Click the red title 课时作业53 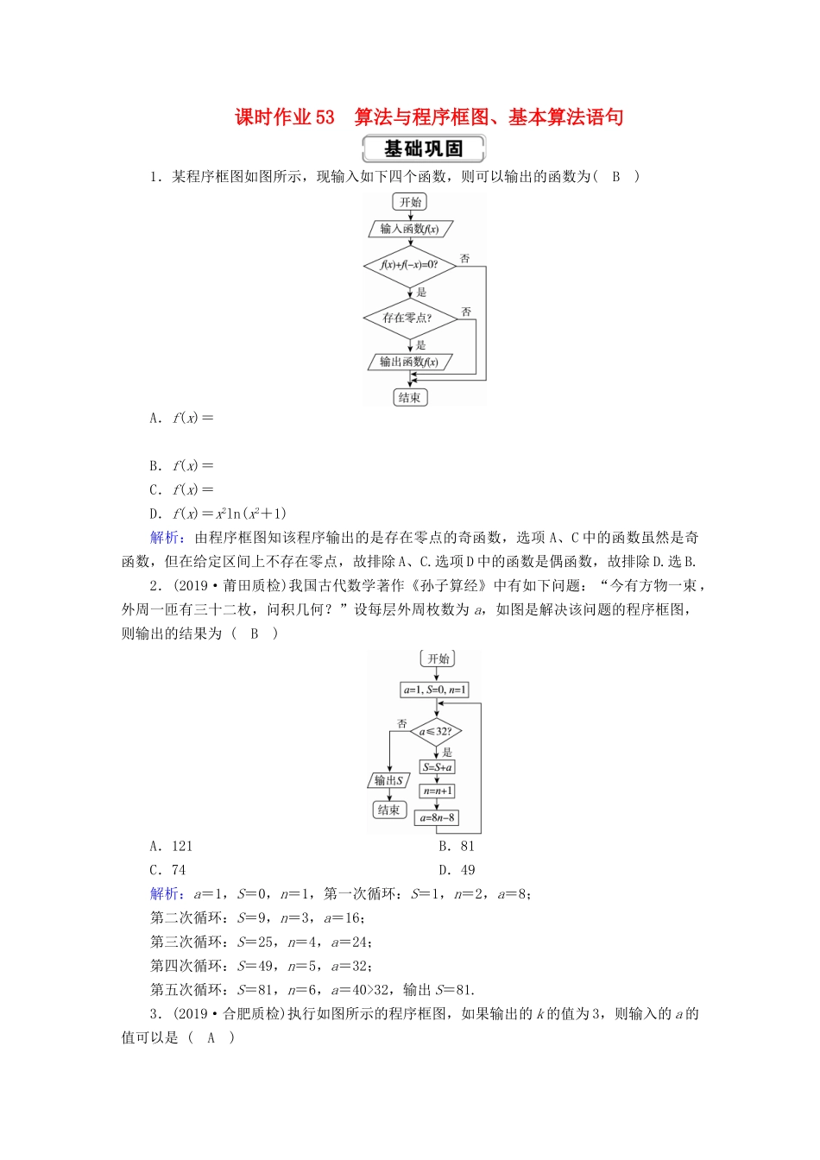point(285,117)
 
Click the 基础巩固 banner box point(423,148)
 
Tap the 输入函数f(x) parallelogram point(410,229)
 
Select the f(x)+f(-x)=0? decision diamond point(410,265)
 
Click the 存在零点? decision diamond point(408,318)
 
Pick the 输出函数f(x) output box point(409,362)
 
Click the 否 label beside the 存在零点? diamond point(466,312)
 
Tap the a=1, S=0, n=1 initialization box point(435,690)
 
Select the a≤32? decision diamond point(436,731)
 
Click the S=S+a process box point(437,766)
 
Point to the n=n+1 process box point(437,791)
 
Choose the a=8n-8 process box point(437,817)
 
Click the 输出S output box point(388,780)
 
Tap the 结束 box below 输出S point(389,810)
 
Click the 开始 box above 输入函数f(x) point(410,202)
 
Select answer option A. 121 point(171,846)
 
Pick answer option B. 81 point(457,846)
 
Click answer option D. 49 point(457,870)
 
